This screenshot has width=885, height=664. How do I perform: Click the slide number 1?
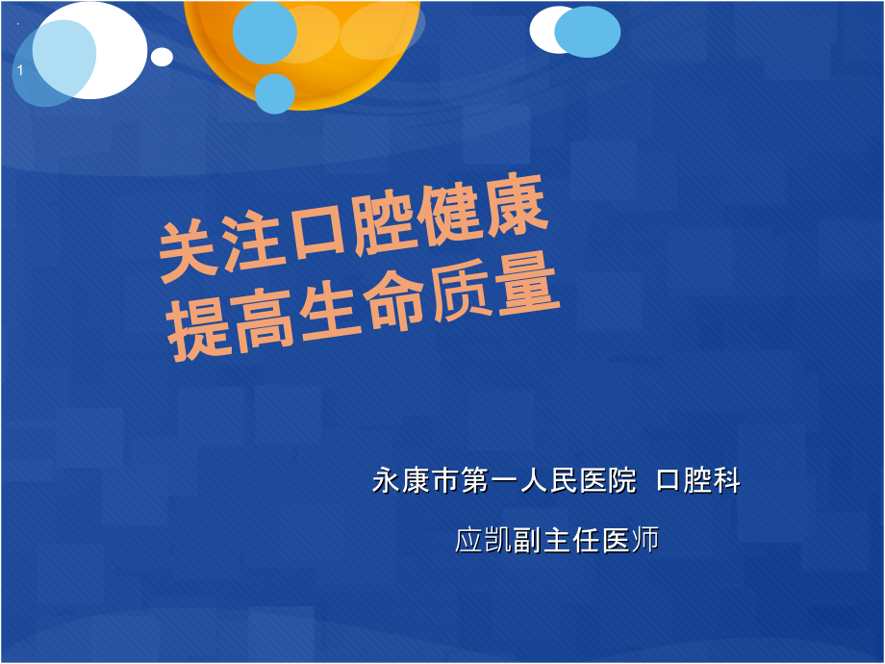click(20, 70)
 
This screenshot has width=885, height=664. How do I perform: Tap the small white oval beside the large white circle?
click(162, 57)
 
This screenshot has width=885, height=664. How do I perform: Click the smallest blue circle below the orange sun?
click(275, 93)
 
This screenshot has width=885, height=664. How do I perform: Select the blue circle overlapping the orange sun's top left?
click(265, 32)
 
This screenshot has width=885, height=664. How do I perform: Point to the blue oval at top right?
click(588, 32)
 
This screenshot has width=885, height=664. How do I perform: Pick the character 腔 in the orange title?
click(383, 221)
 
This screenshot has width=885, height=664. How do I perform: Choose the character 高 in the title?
click(263, 320)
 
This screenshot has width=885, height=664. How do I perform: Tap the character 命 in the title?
click(394, 301)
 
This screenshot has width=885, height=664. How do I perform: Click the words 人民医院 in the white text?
click(578, 481)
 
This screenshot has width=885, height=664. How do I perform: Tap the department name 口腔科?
click(698, 481)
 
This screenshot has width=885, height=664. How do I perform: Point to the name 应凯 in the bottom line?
click(484, 540)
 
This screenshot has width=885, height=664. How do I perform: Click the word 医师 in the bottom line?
click(630, 540)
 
